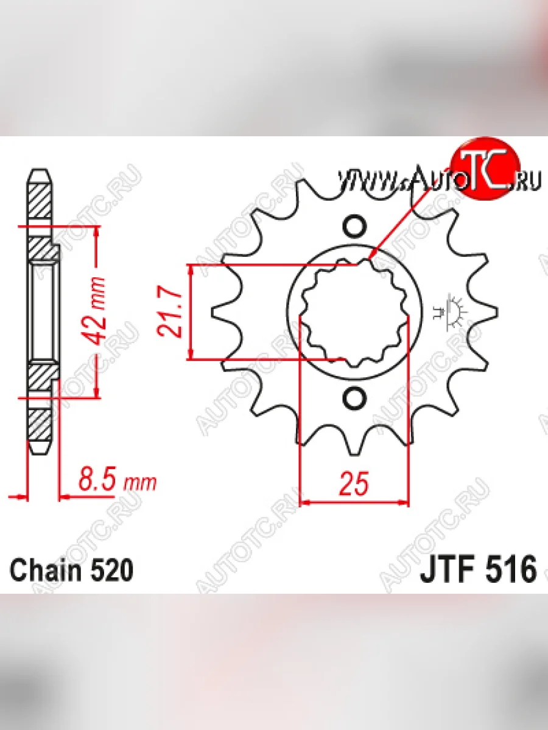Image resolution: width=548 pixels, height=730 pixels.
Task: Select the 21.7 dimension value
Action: (170, 311)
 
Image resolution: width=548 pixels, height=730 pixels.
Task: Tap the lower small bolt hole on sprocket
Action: (354, 398)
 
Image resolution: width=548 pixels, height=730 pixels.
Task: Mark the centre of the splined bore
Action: (354, 313)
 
